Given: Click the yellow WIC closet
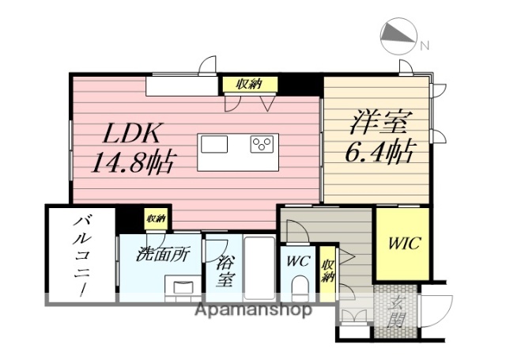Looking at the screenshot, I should [402, 243].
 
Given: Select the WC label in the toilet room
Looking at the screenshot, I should [298, 260].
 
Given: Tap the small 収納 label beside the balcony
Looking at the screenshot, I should [155, 218].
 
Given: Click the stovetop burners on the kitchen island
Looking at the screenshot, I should [262, 145].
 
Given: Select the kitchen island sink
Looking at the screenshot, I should [213, 145].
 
